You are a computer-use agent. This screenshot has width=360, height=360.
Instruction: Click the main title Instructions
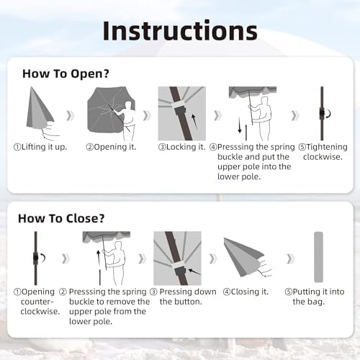click(180, 31)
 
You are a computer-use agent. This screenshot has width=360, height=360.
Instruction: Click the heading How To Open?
click(66, 73)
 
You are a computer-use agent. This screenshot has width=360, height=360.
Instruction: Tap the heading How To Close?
click(61, 218)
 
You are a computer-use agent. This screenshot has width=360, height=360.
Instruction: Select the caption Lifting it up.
click(40, 147)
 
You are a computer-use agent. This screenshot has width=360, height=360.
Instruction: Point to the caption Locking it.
click(182, 147)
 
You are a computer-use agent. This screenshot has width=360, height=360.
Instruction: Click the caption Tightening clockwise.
click(323, 152)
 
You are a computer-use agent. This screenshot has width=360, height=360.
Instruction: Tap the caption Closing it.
click(246, 292)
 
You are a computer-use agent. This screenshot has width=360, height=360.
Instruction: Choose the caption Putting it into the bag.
click(315, 297)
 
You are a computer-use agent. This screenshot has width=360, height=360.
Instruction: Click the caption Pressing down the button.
click(183, 297)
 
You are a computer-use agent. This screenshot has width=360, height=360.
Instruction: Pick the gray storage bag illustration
click(318, 257)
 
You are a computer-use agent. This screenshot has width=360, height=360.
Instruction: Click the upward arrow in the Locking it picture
click(194, 122)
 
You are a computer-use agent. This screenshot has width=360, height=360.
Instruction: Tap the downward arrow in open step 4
click(240, 125)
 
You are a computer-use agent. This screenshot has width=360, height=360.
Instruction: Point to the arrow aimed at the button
click(194, 272)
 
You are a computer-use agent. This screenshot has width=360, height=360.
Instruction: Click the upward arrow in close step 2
click(98, 258)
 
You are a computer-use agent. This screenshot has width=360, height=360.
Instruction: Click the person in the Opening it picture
click(128, 121)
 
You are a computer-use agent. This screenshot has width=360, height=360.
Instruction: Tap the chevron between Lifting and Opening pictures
click(70, 116)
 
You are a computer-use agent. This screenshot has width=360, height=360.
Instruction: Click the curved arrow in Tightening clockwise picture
click(329, 113)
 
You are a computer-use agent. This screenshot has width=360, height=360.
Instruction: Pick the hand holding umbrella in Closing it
click(264, 267)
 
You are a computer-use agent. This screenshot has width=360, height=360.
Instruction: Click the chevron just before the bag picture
click(290, 258)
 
